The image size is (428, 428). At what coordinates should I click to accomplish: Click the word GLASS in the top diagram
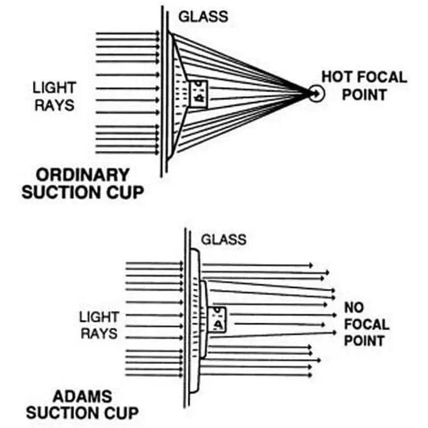pos(203,16)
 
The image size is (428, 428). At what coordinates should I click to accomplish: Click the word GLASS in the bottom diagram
pos(224,239)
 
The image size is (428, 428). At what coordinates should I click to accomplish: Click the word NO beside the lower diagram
pos(354,308)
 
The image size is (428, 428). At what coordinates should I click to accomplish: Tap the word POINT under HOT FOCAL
pos(364,95)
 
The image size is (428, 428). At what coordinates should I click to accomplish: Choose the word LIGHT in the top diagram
pos(55,87)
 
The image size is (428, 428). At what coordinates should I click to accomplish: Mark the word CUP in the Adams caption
pos(123,413)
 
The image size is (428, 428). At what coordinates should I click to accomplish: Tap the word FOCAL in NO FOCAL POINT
pos(366,324)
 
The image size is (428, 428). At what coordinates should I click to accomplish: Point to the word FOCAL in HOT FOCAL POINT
pos(381,77)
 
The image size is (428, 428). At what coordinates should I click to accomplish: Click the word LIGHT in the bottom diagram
pos(99,317)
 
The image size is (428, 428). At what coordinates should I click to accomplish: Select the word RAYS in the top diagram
pos(54,104)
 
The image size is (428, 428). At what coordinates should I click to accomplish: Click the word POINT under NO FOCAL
pos(364,341)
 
